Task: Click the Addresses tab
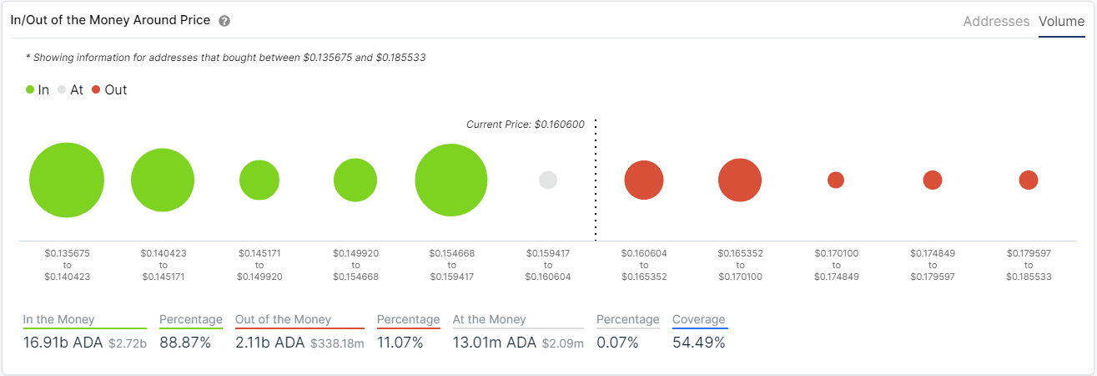996,22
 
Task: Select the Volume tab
1061,22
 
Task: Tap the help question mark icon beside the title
224,21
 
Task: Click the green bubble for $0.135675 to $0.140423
67,180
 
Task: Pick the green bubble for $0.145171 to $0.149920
259,180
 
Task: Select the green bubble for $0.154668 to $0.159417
451,180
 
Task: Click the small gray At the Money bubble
548,180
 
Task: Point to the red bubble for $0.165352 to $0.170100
739,180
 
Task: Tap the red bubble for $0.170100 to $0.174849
836,180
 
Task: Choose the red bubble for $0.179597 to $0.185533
1029,180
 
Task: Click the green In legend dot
30,89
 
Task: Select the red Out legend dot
96,89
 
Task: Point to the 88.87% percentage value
184,343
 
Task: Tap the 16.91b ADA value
63,343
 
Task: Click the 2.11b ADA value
270,343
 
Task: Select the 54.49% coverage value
698,343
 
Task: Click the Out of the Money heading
283,319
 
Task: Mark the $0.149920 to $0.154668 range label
355,264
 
